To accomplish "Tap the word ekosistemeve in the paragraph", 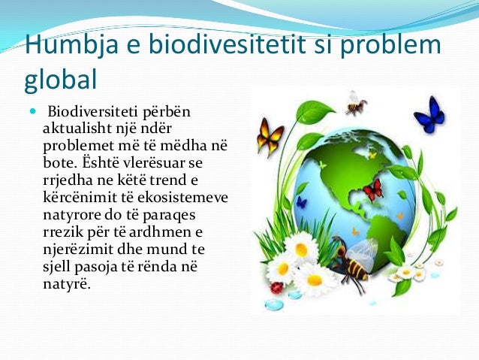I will (190, 198).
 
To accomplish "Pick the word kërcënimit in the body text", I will (77, 198).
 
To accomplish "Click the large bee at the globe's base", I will (353, 259).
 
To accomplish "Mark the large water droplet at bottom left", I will (275, 304).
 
